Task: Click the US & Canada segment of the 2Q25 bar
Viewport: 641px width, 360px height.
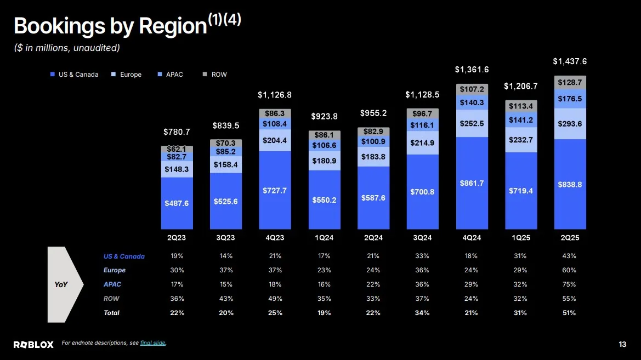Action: pos(570,184)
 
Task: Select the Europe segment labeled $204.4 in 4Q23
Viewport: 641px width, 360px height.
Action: pos(275,140)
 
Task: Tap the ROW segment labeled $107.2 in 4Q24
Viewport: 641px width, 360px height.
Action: pos(472,89)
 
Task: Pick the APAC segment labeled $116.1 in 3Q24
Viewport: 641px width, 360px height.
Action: pos(422,125)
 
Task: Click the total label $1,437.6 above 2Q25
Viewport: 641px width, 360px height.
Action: pos(570,61)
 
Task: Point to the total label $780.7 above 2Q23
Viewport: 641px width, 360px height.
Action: pos(177,132)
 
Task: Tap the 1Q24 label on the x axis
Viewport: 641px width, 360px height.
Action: pos(324,238)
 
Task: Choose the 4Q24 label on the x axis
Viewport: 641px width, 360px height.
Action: pos(472,238)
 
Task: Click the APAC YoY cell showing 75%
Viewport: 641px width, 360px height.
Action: pos(570,284)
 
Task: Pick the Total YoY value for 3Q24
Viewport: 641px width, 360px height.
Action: pos(422,313)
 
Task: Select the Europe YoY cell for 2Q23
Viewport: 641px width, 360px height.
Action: pos(177,270)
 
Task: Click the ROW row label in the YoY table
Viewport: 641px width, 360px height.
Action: pos(111,299)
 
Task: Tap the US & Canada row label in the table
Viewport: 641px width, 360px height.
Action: pos(124,256)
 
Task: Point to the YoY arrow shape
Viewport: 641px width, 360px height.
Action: pos(64,284)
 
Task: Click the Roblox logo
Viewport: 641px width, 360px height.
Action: pos(33,344)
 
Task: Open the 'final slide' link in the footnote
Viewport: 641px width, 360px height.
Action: pos(153,343)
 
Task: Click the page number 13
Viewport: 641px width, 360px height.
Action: pos(622,344)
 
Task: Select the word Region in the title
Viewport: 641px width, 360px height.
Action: pos(173,26)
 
